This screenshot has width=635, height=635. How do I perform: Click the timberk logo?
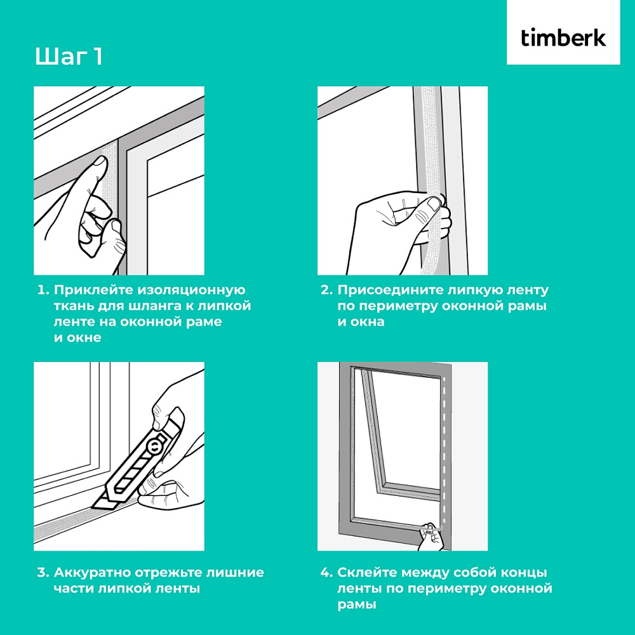[x=563, y=37]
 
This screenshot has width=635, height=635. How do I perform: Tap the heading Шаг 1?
[x=69, y=57]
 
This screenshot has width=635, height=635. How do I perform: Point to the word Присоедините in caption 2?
[x=391, y=290]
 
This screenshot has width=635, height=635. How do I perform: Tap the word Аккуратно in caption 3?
[x=92, y=573]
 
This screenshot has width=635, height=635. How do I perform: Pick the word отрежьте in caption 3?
[x=168, y=573]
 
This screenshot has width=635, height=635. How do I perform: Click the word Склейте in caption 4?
[x=367, y=573]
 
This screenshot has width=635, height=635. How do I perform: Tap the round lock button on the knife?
[x=155, y=447]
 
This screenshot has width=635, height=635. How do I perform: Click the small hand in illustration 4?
[x=431, y=535]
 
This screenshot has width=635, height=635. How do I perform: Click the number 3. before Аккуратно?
[x=43, y=573]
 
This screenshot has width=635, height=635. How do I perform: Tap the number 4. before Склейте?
[x=326, y=573]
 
